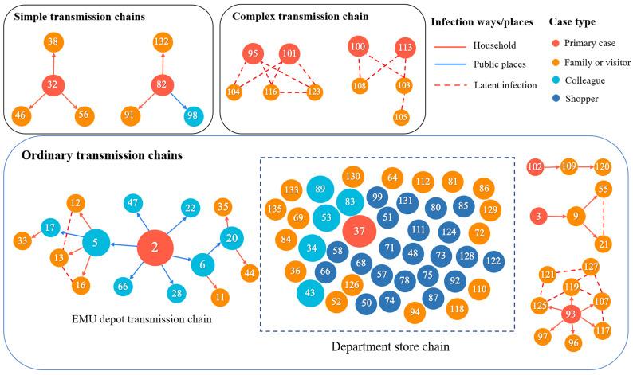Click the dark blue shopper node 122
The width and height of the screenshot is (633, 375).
tap(493, 261)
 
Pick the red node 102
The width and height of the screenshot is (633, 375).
tap(536, 168)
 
